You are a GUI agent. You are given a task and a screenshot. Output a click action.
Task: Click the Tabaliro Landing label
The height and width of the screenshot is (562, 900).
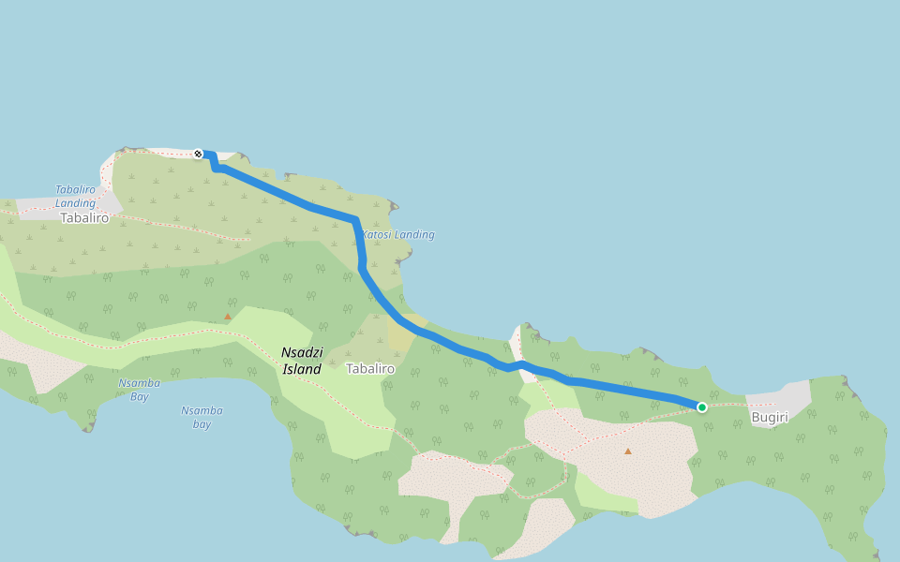pos(75,196)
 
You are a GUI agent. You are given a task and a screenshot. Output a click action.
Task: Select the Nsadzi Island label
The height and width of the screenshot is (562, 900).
pos(301,360)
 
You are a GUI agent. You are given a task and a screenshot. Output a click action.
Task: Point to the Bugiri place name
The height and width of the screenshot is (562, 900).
pos(770,417)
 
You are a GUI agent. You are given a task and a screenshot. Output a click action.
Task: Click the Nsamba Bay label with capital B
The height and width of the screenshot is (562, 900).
pos(139,390)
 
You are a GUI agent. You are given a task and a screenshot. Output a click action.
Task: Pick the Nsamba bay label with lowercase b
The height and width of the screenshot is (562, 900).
pos(202,417)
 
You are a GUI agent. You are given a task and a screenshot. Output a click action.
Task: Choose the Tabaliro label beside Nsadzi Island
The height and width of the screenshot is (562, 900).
pos(370,369)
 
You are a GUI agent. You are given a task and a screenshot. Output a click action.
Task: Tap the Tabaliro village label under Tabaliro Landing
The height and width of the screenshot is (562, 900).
pos(84,218)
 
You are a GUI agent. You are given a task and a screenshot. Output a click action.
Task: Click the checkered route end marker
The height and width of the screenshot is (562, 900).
pos(198,154)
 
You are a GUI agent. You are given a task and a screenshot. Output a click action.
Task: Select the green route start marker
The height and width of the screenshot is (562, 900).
pos(701,407)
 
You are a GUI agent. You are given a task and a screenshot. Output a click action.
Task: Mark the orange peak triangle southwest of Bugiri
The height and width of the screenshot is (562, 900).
pos(628,451)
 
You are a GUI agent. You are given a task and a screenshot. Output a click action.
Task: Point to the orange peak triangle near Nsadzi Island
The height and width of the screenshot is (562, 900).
pos(227,317)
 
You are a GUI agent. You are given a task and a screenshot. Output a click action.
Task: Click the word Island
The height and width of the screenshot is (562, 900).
pos(301,369)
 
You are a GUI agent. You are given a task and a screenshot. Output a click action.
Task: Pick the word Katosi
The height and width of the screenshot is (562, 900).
pos(380,235)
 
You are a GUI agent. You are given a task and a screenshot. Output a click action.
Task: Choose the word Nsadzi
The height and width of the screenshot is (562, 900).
pos(301,352)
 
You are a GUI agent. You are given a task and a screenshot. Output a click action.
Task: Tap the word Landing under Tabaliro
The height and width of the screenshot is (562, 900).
pos(75,202)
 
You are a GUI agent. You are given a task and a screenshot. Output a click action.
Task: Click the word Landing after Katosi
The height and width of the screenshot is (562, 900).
pos(415,235)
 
